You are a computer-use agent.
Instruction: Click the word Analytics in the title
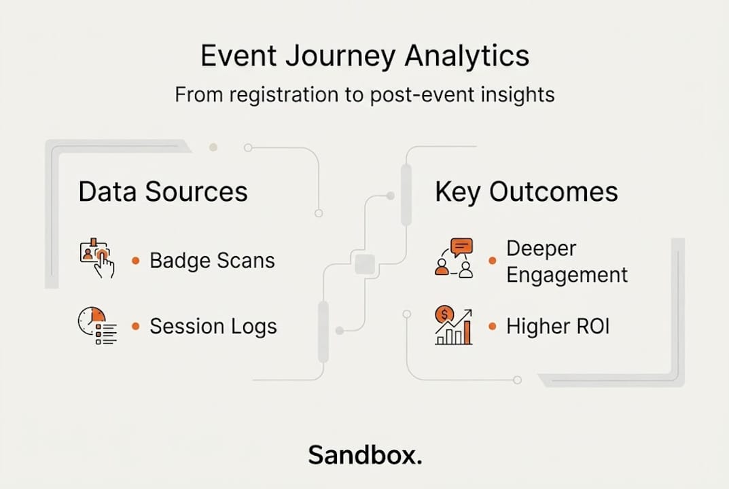(467, 56)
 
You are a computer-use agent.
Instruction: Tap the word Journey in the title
(340, 56)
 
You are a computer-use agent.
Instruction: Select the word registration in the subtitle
(283, 95)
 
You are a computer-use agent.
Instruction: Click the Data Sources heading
(163, 192)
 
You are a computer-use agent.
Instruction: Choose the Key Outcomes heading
(527, 192)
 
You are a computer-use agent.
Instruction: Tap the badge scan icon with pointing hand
(97, 258)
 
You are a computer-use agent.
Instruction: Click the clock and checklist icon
(97, 325)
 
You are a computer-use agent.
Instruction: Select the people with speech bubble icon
(455, 259)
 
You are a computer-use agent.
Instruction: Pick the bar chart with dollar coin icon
(454, 325)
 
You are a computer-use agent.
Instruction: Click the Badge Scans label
(212, 260)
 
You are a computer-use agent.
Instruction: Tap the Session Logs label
(213, 326)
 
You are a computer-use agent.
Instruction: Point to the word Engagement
(567, 275)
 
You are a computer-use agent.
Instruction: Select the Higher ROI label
(557, 326)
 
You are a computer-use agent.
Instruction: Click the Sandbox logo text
(365, 454)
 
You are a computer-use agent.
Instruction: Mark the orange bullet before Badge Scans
(135, 261)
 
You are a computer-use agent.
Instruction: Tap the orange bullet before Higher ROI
(493, 326)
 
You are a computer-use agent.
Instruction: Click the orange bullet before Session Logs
(135, 326)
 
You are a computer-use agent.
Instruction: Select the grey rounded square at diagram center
(365, 264)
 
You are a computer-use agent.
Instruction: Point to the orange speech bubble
(462, 247)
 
